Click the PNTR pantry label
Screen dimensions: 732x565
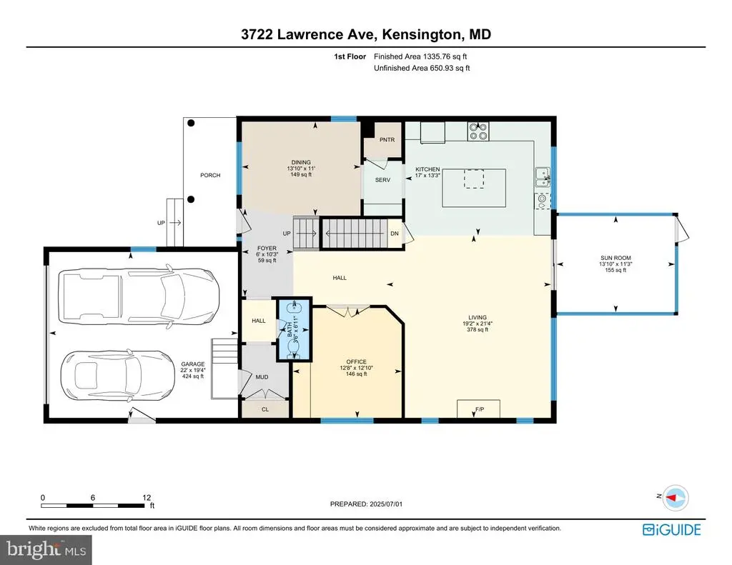(x=387, y=139)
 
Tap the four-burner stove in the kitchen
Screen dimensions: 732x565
(x=478, y=131)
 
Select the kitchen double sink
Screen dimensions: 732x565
(x=543, y=177)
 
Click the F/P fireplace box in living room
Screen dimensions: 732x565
(x=478, y=409)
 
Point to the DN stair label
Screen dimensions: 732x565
(x=395, y=234)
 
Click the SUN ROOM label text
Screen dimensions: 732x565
(x=615, y=258)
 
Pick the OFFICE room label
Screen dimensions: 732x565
(x=356, y=361)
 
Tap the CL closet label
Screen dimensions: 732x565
(x=265, y=409)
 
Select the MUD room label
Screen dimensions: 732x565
(x=262, y=377)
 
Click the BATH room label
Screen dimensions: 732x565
(x=290, y=329)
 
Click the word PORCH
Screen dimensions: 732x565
(x=210, y=175)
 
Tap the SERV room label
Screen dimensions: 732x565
(x=382, y=179)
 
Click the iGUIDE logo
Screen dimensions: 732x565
(x=671, y=529)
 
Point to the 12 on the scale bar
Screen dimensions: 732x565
(x=147, y=498)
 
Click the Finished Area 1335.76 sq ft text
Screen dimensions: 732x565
(x=420, y=56)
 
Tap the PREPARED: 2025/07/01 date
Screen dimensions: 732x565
(x=366, y=504)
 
